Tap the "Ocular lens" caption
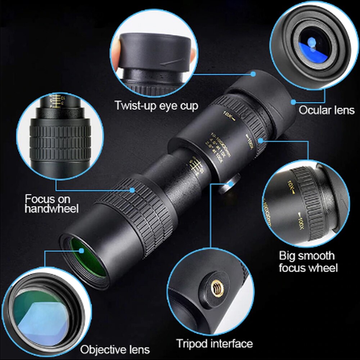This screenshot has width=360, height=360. (326, 110)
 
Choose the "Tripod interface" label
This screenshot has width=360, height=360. (214, 343)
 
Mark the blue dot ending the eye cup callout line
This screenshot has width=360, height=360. (253, 74)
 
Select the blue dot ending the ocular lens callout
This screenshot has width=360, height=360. (293, 102)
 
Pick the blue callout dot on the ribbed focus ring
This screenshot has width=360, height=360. (132, 189)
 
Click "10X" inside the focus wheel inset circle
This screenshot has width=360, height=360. (291, 187)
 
